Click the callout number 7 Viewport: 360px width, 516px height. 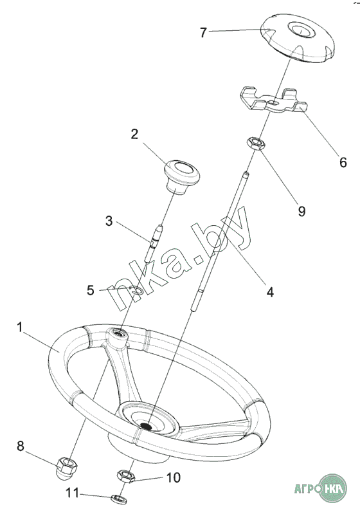(x=203, y=32)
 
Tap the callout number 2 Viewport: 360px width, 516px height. (x=134, y=134)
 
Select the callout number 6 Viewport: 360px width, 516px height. (x=343, y=162)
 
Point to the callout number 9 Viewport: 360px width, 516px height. (x=301, y=211)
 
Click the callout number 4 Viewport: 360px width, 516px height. (x=270, y=291)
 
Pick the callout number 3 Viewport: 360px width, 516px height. (x=109, y=221)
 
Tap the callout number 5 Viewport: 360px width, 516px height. (x=91, y=290)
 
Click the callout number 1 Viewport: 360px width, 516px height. (x=20, y=327)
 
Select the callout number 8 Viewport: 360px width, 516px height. (x=21, y=447)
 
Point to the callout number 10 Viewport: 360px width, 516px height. (x=174, y=477)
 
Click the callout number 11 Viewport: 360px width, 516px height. (x=73, y=493)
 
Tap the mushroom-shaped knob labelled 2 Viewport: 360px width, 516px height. (x=182, y=176)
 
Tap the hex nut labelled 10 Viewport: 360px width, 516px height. (x=127, y=476)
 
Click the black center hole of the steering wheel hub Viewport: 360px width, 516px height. (x=146, y=425)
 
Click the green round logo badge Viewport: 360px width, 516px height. (x=333, y=488)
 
